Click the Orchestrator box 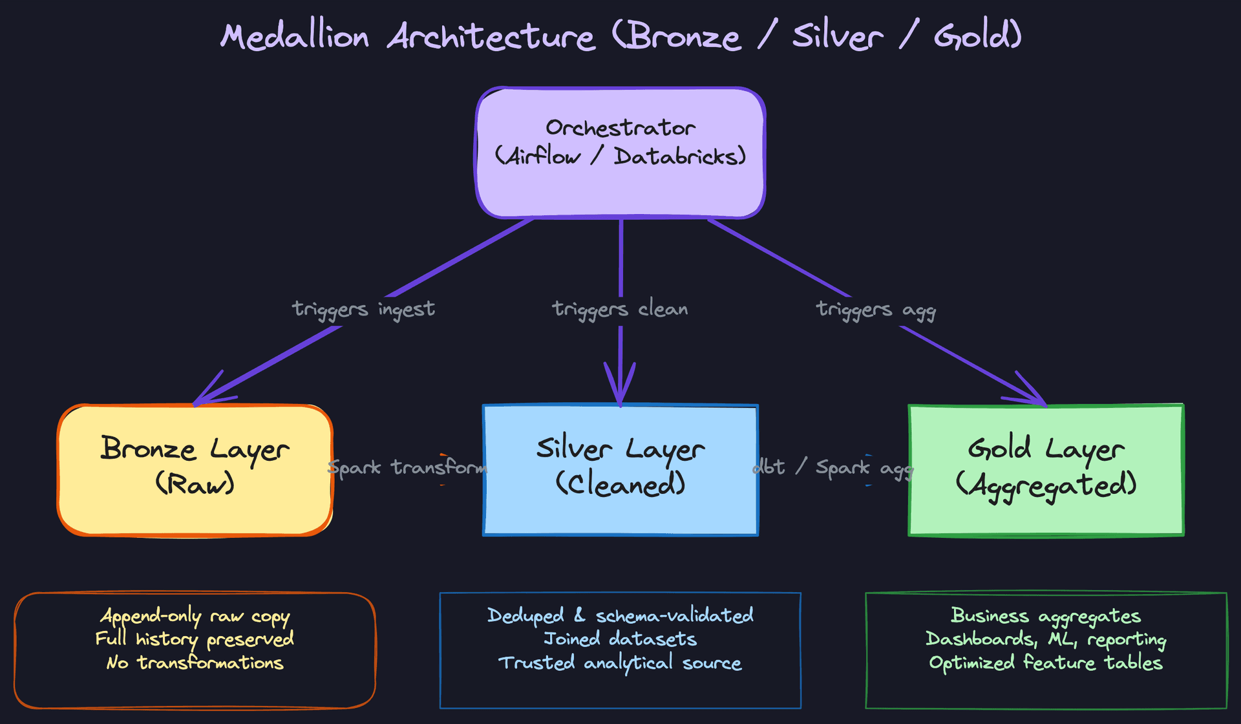tap(620, 153)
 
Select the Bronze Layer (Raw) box tap(195, 470)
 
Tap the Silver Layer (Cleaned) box tap(620, 470)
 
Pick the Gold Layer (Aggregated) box tap(1046, 470)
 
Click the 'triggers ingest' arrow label tap(363, 310)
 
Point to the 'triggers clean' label tap(620, 310)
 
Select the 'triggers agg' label tap(876, 310)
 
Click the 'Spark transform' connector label tap(407, 467)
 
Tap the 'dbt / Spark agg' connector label tap(834, 467)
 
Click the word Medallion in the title tap(295, 36)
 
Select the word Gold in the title tap(977, 36)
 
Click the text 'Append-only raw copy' tap(195, 616)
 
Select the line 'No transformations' tap(195, 663)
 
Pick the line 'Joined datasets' tap(620, 639)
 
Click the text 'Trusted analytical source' tap(620, 663)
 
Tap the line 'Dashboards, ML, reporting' tap(1046, 639)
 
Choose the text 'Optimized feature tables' tap(1046, 663)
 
